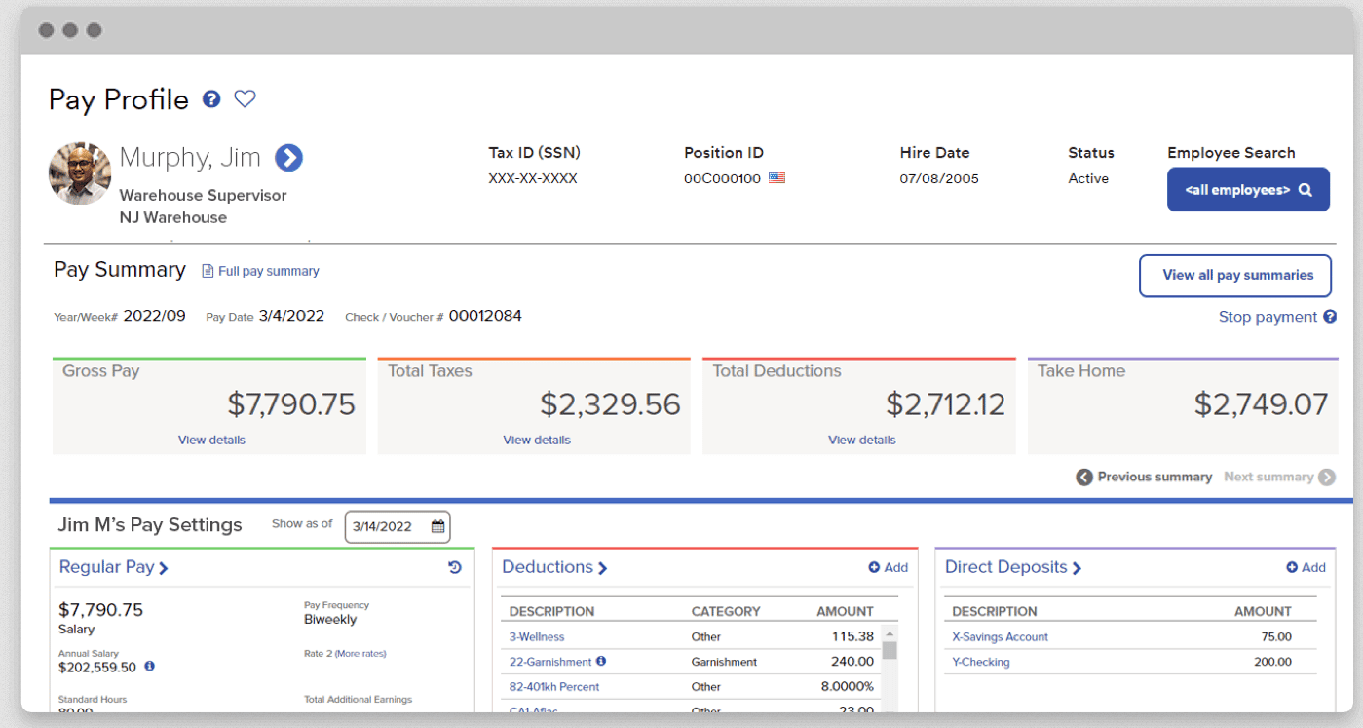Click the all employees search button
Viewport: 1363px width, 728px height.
[1248, 190]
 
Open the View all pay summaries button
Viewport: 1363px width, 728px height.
[1237, 276]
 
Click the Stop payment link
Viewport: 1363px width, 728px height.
[1268, 317]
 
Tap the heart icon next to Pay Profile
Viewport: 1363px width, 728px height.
[245, 98]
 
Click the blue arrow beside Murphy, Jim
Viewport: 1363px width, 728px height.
[288, 157]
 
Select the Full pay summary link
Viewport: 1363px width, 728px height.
[268, 271]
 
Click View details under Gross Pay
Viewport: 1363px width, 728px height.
[211, 440]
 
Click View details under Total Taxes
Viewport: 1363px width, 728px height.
[537, 440]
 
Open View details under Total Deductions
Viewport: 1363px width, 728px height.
[861, 440]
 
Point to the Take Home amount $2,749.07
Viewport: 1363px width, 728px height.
[1261, 404]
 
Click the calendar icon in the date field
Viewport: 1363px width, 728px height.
[437, 526]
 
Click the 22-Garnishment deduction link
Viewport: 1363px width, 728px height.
[550, 662]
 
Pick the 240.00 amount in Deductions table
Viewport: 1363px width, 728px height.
[852, 662]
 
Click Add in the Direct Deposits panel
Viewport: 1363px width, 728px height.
[1306, 567]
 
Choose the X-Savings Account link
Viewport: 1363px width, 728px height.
[1000, 636]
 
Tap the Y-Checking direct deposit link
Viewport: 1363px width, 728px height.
[980, 662]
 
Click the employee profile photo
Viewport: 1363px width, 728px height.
[80, 173]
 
